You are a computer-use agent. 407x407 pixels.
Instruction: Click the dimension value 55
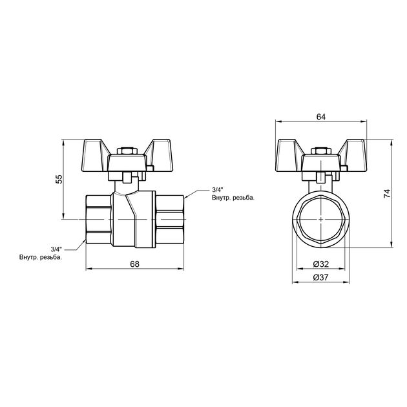[x=59, y=179]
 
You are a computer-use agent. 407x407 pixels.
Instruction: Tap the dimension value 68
[x=135, y=264]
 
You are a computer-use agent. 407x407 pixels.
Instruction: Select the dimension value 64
[x=321, y=117]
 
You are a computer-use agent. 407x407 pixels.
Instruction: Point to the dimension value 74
[x=387, y=194]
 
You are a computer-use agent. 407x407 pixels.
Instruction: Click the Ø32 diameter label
[x=321, y=264]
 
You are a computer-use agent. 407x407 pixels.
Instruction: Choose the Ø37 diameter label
[x=321, y=278]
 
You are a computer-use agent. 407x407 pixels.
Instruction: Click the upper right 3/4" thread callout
[x=218, y=189]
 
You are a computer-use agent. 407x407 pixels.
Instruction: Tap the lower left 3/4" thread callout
[x=56, y=249]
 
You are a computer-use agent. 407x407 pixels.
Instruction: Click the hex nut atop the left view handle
[x=127, y=151]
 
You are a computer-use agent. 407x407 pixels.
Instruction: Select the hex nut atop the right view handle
[x=321, y=151]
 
